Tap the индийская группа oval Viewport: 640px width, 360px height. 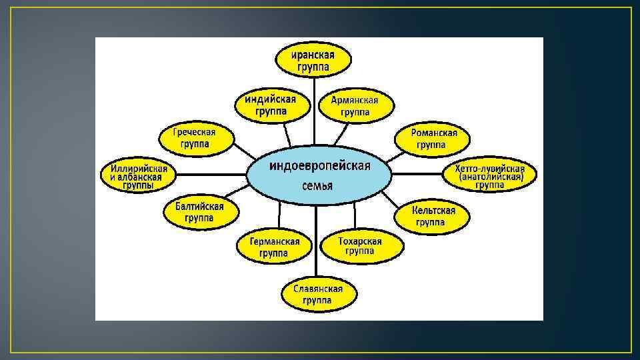pyautogui.click(x=275, y=105)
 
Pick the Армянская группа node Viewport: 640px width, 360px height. pyautogui.click(x=355, y=107)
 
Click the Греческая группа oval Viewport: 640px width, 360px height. pyautogui.click(x=195, y=138)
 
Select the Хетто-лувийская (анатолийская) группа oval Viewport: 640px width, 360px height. pyautogui.click(x=490, y=176)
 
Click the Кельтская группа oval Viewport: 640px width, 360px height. pyautogui.click(x=433, y=215)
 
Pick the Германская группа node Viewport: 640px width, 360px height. pyautogui.click(x=275, y=247)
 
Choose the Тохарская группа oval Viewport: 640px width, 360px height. pyautogui.click(x=360, y=247)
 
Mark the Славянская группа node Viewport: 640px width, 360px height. pyautogui.click(x=317, y=295)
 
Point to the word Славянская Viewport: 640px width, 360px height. pyautogui.click(x=318, y=289)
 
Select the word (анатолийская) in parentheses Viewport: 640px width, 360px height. pyautogui.click(x=490, y=177)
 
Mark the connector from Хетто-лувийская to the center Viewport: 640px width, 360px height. pyautogui.click(x=417, y=175)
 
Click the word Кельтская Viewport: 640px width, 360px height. pyautogui.click(x=433, y=210)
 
